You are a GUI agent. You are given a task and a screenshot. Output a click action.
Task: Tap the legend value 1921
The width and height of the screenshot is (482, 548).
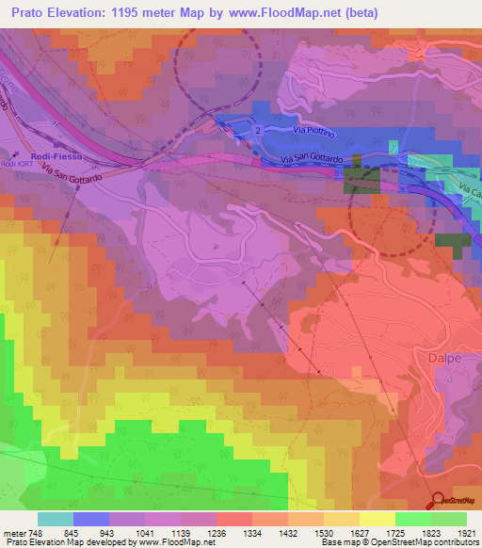click(466, 532)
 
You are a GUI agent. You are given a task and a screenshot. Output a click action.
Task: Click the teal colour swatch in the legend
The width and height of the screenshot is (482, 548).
click(55, 519)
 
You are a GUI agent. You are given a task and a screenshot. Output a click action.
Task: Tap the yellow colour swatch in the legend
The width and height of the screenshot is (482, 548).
click(377, 519)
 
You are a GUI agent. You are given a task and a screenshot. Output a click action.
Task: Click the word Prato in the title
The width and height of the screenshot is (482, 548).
click(31, 13)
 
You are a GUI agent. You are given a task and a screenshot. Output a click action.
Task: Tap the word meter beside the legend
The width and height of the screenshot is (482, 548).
click(14, 532)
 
